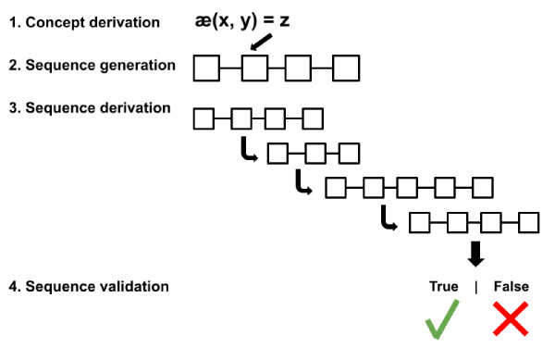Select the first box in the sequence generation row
click(x=207, y=68)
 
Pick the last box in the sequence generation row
click(x=346, y=68)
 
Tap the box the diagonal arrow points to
click(x=253, y=68)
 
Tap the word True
click(x=443, y=287)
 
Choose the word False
click(x=511, y=287)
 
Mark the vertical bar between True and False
click(x=476, y=287)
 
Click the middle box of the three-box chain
click(x=314, y=153)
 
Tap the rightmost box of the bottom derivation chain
click(x=528, y=223)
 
